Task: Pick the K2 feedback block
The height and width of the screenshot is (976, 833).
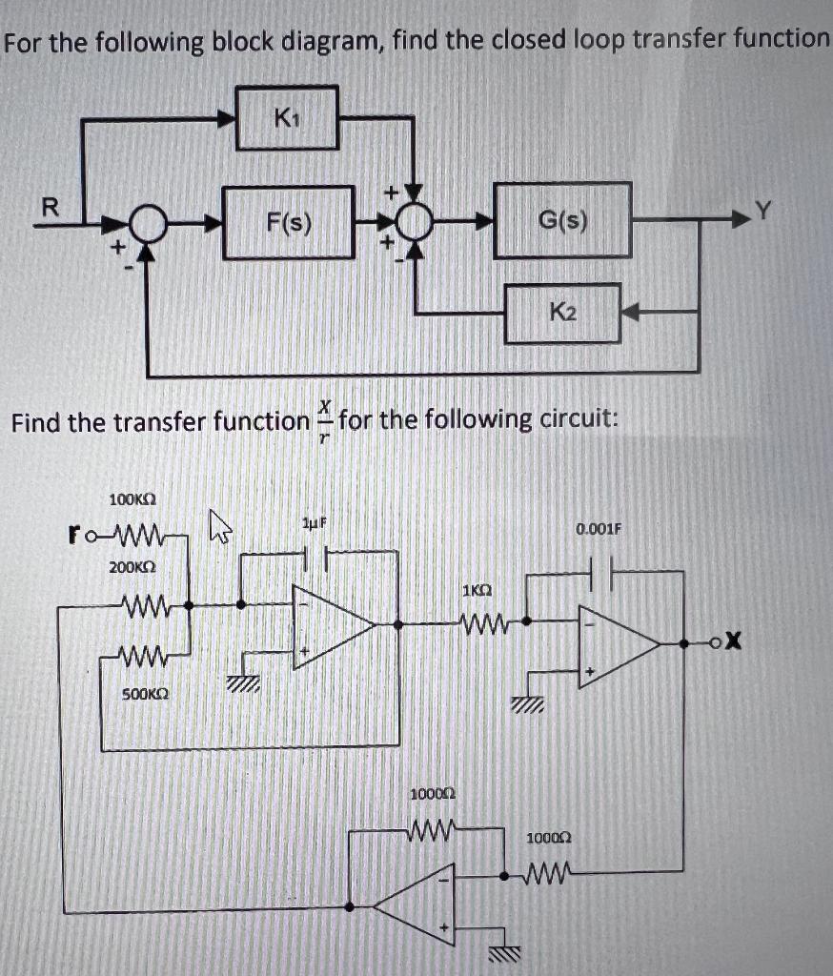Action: point(562,312)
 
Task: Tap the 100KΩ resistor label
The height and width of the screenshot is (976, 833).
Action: point(132,498)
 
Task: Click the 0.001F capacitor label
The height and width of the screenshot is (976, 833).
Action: point(599,526)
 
